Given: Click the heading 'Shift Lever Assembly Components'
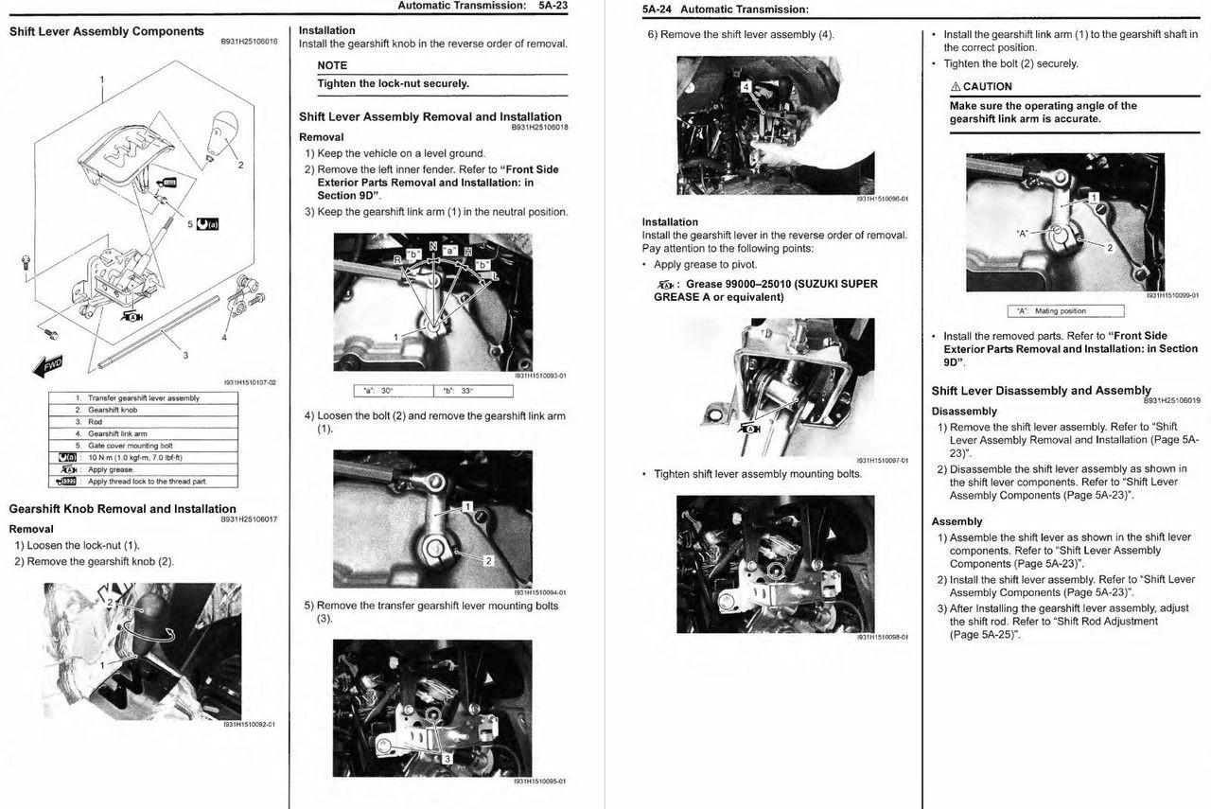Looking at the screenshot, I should pos(106,31).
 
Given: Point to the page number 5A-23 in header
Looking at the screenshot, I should pos(553,7).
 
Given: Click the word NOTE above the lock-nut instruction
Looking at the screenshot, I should pos(332,65).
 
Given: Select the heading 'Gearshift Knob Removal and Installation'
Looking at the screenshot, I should pos(122,509).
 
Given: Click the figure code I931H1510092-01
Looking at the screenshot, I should pos(249,725).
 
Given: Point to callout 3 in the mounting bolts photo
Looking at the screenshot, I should pos(447,758).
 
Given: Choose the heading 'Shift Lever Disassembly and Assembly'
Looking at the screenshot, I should pos(1041,391).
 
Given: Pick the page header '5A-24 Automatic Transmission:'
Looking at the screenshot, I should pos(725,9).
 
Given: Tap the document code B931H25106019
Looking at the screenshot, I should pos(1170,401).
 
